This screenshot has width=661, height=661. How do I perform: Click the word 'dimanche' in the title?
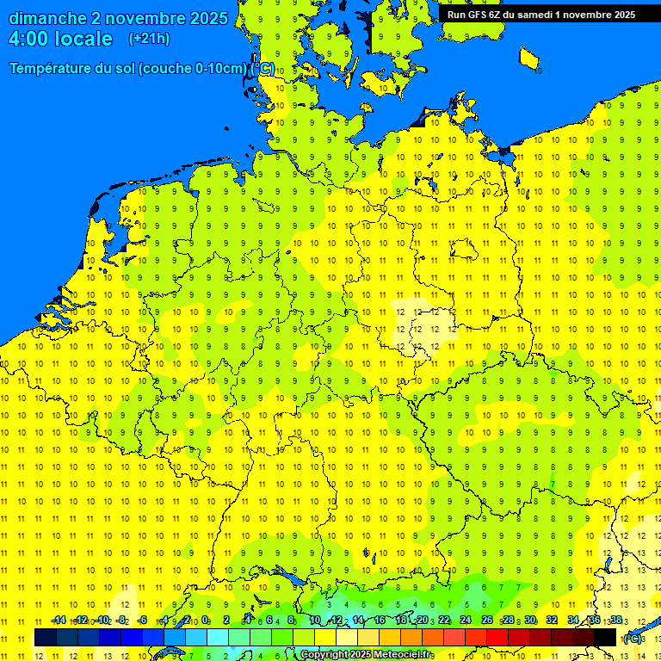(x=47, y=18)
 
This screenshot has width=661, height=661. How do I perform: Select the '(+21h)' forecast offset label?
(x=149, y=39)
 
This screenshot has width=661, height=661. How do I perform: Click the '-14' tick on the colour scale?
(x=59, y=621)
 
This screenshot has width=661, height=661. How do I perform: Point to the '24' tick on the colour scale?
(x=466, y=621)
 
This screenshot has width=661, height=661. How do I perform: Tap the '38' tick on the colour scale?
(x=615, y=621)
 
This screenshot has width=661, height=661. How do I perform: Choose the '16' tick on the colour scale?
(x=380, y=621)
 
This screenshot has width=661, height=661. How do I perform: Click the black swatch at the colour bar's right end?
(x=605, y=637)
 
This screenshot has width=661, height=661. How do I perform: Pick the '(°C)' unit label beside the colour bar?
(x=633, y=638)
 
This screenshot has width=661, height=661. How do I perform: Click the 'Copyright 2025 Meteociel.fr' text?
(x=366, y=655)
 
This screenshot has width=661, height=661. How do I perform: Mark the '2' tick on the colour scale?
(x=226, y=621)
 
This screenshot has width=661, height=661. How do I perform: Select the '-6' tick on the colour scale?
(x=143, y=621)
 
